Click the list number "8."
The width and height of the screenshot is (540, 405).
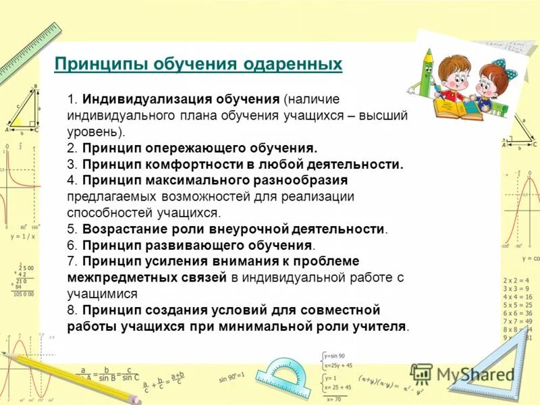(73, 310)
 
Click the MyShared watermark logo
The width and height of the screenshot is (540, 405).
(462, 374)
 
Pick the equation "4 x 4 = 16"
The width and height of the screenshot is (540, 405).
(518, 296)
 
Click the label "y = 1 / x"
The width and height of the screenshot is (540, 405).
(22, 237)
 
